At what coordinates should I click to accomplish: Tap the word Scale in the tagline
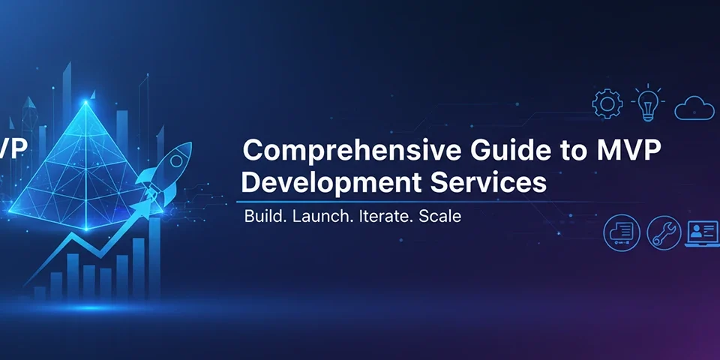pyautogui.click(x=440, y=217)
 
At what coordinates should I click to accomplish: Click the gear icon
pyautogui.click(x=607, y=105)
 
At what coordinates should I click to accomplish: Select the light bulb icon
pyautogui.click(x=647, y=103)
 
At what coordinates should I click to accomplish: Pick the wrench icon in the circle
pyautogui.click(x=663, y=233)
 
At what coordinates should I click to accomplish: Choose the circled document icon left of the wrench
pyautogui.click(x=622, y=232)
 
